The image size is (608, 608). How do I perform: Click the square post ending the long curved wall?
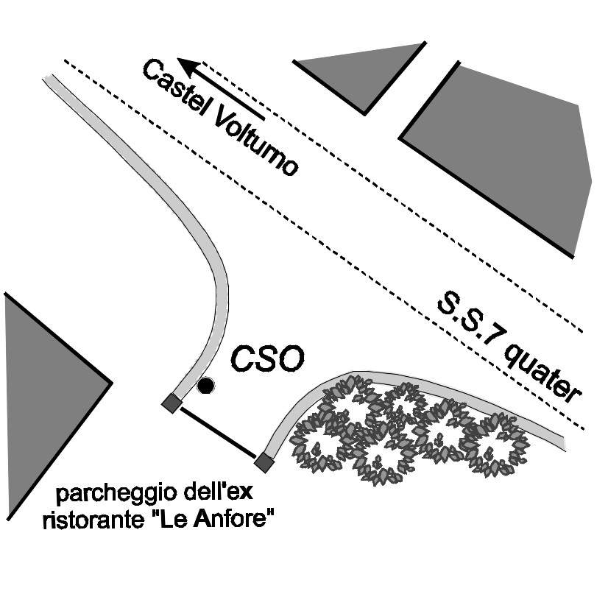click(172, 403)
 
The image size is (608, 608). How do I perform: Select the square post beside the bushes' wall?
click(263, 462)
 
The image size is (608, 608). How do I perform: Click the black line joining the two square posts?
click(217, 432)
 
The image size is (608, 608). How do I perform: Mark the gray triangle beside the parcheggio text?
click(44, 390)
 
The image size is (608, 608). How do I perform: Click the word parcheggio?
click(111, 493)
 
